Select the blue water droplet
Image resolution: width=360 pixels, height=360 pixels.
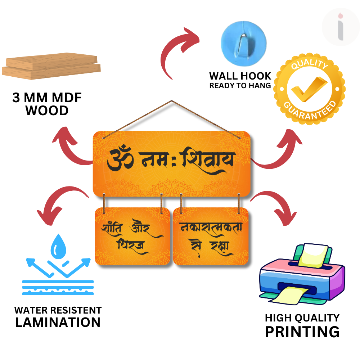[x=58, y=246]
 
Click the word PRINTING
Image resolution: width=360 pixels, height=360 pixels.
[x=302, y=331]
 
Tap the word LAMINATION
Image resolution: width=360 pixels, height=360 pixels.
[x=58, y=322]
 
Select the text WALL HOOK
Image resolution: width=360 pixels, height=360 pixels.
[x=240, y=76]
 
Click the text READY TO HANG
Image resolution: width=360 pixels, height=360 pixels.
[x=240, y=86]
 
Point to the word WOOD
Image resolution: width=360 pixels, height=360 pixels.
[x=47, y=111]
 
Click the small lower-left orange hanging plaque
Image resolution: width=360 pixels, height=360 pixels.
[x=132, y=237]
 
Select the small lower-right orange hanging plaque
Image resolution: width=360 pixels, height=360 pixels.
[x=211, y=237]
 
